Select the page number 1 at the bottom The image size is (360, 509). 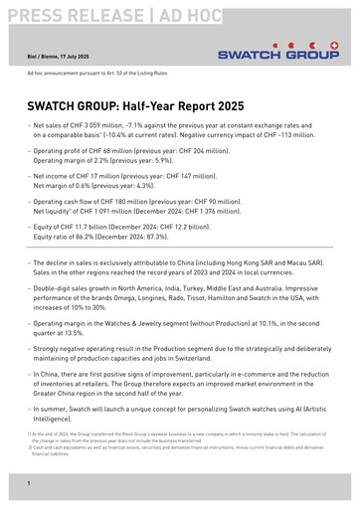coord(29,482)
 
